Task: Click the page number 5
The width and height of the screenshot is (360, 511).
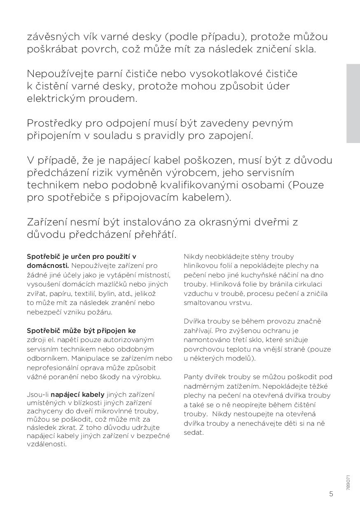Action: click(x=331, y=494)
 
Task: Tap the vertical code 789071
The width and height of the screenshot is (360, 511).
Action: click(x=348, y=482)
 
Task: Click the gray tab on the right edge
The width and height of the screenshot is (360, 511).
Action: click(x=353, y=103)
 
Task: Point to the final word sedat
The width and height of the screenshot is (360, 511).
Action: click(x=194, y=432)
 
